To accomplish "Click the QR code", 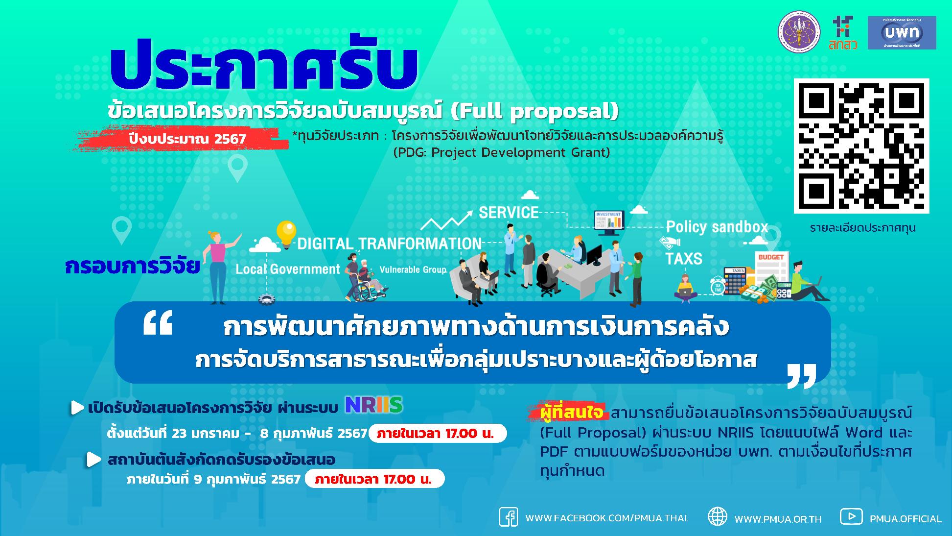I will [x=861, y=146].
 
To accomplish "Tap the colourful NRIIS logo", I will [x=373, y=405].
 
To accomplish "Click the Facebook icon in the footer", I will [x=508, y=517].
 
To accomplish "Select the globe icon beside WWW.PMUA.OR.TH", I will [x=717, y=517].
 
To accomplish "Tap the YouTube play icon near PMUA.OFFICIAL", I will [x=851, y=516].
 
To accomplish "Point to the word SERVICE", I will [x=509, y=213].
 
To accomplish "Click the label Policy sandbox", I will [x=717, y=227].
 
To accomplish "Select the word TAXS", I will [x=683, y=258].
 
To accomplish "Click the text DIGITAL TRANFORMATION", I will [x=389, y=244].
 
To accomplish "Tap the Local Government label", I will [x=288, y=269].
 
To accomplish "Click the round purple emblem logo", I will [x=799, y=32].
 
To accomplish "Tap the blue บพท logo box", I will [x=902, y=33].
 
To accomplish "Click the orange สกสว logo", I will [x=842, y=33].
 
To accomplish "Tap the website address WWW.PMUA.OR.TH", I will [x=778, y=519].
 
